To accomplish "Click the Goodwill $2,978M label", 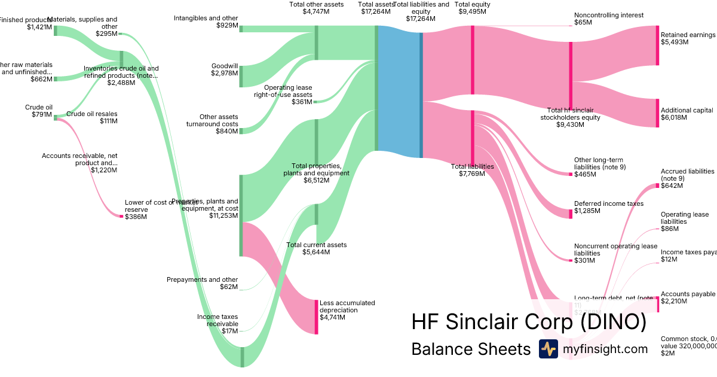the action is [224, 69].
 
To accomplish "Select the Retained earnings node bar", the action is [657, 45].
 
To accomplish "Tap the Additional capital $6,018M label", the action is [687, 114].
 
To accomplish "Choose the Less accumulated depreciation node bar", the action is [317, 317].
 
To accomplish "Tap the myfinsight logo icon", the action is [548, 349].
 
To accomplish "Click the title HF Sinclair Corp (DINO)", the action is [529, 322].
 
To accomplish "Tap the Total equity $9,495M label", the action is [473, 8].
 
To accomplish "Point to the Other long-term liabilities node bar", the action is [571, 174].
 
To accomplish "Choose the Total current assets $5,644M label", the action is [316, 248].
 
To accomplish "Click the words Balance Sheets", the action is [471, 349].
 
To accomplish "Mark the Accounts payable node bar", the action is [657, 304].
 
